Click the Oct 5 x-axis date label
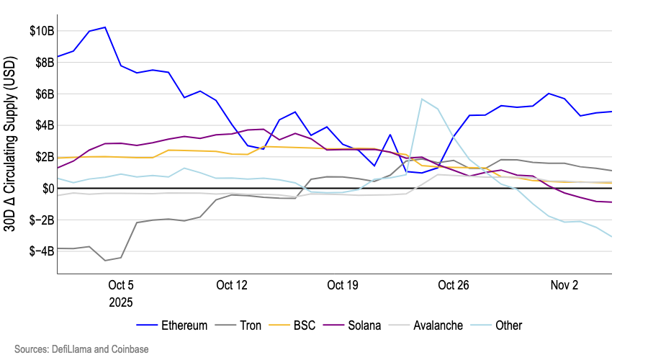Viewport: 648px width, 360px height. pyautogui.click(x=121, y=285)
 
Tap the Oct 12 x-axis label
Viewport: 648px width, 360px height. pyautogui.click(x=232, y=285)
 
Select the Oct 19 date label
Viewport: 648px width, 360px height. pyautogui.click(x=343, y=285)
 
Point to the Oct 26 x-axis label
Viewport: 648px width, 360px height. pyautogui.click(x=454, y=285)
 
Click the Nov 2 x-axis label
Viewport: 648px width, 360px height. pyautogui.click(x=564, y=285)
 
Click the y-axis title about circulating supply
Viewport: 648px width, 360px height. pyautogui.click(x=13, y=151)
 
